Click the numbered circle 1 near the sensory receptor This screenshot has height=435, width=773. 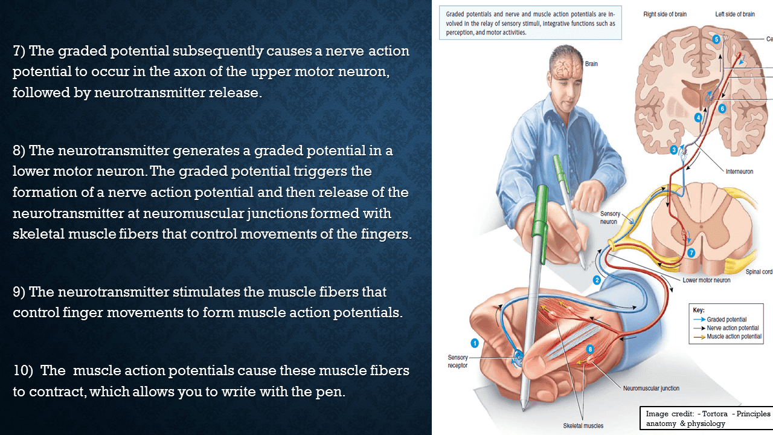coord(475,343)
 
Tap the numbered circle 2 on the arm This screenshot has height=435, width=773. coord(597,280)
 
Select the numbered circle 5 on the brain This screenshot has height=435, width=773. coord(716,39)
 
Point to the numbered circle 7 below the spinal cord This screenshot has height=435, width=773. coord(691,253)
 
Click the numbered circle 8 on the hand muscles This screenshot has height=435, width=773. coord(590,349)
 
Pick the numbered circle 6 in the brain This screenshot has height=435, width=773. coord(722,108)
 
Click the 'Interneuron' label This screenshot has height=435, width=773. coord(739,172)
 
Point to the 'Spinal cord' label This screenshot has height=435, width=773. coord(759,272)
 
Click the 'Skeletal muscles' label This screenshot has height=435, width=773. coord(583,425)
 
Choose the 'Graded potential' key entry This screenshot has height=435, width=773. coord(726,320)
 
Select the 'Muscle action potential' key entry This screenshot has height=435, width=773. coord(734,337)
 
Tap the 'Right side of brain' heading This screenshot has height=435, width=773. coord(665,14)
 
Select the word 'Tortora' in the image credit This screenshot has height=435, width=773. coord(715,414)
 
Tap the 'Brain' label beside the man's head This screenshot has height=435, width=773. coord(591,63)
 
